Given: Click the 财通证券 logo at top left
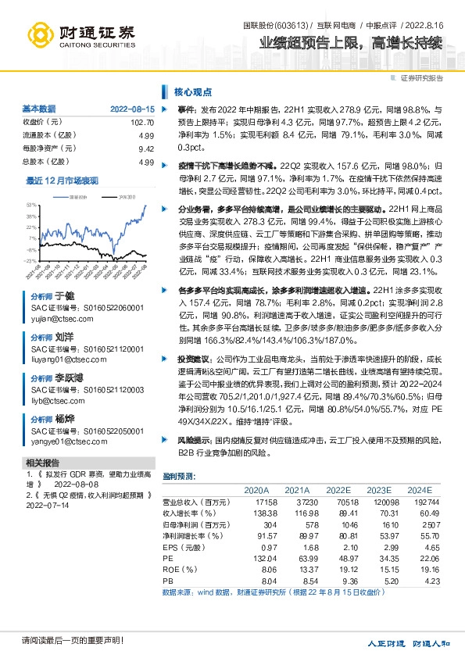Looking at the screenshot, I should pyautogui.click(x=81, y=34).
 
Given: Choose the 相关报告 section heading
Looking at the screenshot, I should pyautogui.click(x=41, y=485).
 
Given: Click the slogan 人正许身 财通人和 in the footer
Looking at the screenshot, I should pyautogui.click(x=409, y=643).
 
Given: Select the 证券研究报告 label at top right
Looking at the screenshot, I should pyautogui.click(x=421, y=78).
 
